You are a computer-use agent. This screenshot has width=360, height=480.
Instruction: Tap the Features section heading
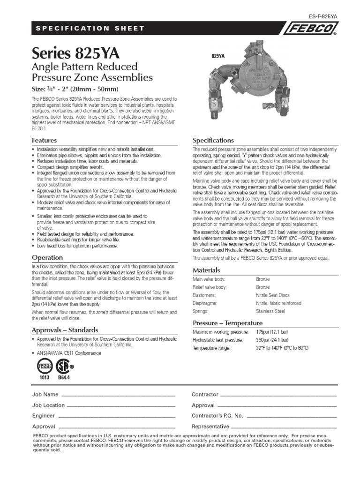44,140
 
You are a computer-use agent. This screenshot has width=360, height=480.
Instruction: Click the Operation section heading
47,257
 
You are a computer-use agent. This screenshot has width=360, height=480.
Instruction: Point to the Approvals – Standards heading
65,330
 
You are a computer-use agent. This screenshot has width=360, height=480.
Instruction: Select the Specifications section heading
213,140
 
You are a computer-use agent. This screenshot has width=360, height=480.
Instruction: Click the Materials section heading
206,270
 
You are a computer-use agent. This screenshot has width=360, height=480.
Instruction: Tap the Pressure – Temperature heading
228,323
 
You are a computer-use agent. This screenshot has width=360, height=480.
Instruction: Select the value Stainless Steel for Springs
270,311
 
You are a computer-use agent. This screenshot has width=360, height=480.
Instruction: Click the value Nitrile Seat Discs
272,295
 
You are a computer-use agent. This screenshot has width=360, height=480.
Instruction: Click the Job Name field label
45,395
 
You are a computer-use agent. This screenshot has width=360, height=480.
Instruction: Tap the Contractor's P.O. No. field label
217,416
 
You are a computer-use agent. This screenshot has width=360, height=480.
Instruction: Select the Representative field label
210,427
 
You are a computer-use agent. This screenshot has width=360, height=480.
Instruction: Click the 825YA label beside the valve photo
218,56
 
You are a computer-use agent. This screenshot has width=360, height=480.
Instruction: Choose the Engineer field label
44,416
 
